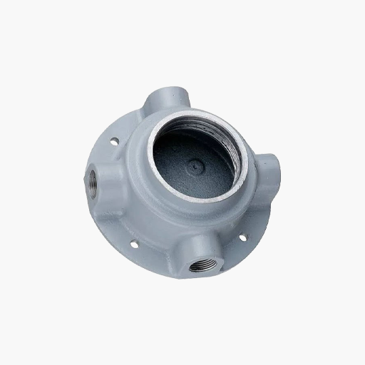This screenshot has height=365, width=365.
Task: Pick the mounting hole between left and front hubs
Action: point(133,244)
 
